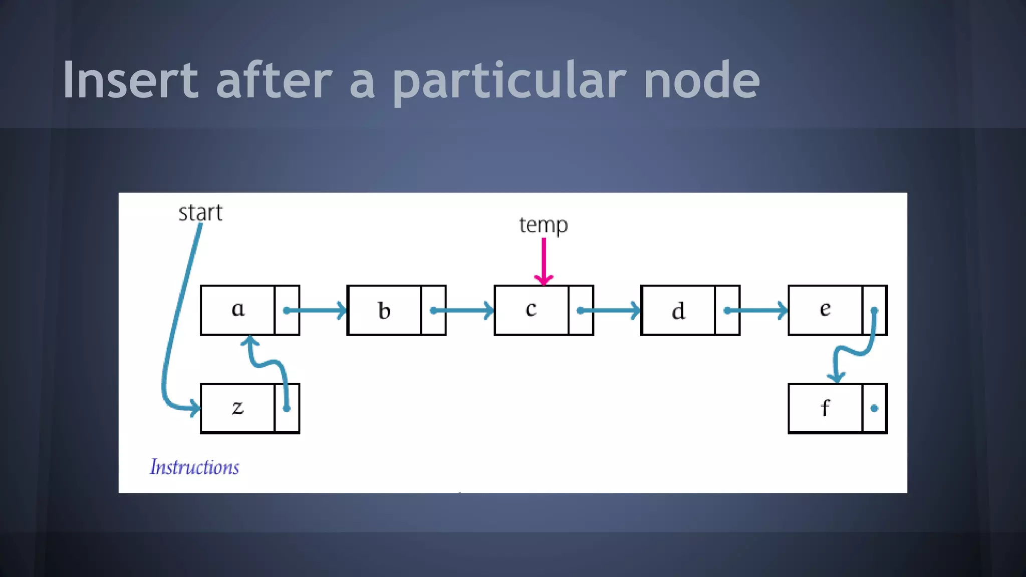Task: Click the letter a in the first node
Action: tap(238, 309)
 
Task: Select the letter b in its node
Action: tap(384, 311)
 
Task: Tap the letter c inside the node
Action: tap(531, 309)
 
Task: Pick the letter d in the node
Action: tap(678, 311)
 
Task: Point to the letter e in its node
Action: tap(825, 309)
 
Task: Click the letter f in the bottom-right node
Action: tap(825, 408)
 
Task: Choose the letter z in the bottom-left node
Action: tap(238, 408)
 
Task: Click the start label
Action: tap(200, 213)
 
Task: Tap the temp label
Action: tap(544, 225)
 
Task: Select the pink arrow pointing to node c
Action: tap(544, 260)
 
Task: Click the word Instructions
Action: tap(194, 467)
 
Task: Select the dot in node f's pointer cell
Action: tap(874, 408)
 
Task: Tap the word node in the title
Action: tap(701, 80)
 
